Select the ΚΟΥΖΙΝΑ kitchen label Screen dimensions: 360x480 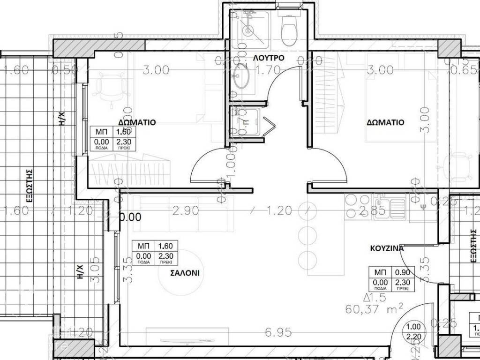[387, 249]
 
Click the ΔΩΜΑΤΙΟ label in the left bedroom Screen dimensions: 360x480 [137, 122]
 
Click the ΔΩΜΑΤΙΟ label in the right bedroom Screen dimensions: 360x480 [385, 122]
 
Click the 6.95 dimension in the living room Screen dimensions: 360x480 [279, 332]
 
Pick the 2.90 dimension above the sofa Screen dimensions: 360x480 [186, 210]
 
